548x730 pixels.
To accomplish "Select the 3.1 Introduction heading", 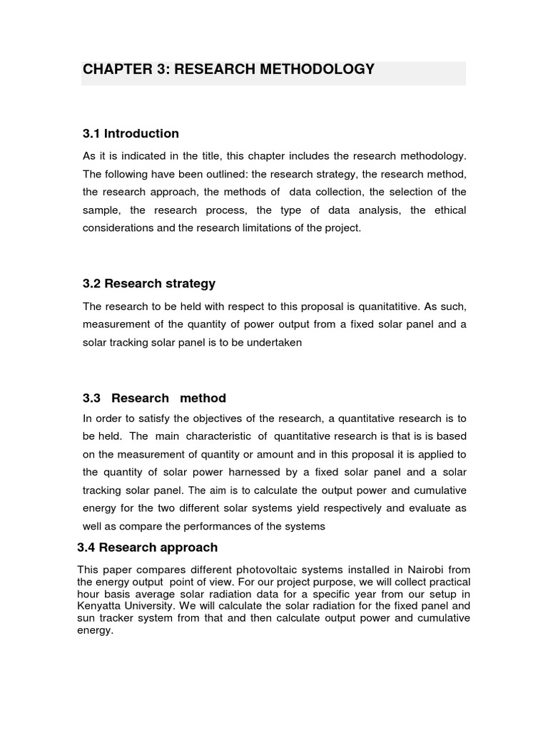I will coord(131,133).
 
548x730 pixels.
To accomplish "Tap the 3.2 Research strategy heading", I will coord(149,283).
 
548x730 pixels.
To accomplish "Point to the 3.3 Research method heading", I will coord(154,398).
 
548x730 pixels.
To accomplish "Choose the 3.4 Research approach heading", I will coord(147,547).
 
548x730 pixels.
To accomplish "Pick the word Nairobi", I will coord(427,569).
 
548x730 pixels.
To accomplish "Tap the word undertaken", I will coord(276,342).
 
